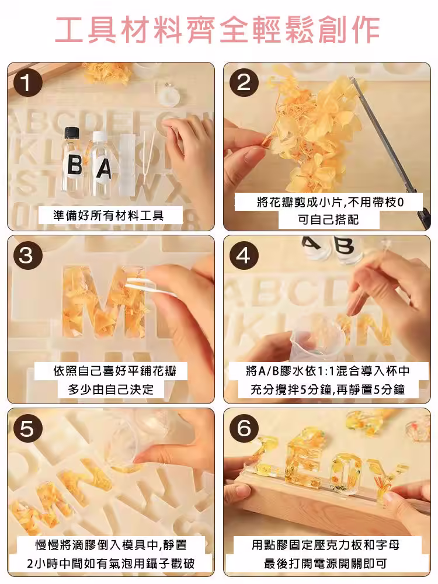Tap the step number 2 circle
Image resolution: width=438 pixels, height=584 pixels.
pyautogui.click(x=244, y=82)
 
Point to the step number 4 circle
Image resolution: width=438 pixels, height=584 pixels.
pyautogui.click(x=244, y=256)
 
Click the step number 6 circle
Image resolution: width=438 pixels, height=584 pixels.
pyautogui.click(x=244, y=429)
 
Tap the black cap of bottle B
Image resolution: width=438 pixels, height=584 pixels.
pyautogui.click(x=72, y=133)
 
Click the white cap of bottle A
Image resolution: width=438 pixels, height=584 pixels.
pyautogui.click(x=99, y=137)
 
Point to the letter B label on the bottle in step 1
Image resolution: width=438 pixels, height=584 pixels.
pyautogui.click(x=75, y=165)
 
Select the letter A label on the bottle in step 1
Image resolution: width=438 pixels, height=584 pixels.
pyautogui.click(x=104, y=168)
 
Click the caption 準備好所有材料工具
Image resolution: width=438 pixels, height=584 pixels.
pyautogui.click(x=109, y=215)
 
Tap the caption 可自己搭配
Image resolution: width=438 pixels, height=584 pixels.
pyautogui.click(x=328, y=220)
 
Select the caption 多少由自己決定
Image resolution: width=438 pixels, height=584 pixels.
pyautogui.click(x=110, y=390)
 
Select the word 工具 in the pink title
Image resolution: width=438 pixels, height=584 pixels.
pyautogui.click(x=86, y=29)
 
